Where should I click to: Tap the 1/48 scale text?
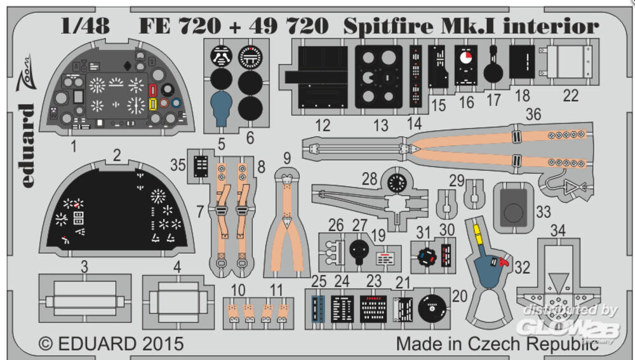tap(85, 26)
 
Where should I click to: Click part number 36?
tap(533, 114)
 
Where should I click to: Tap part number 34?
tap(558, 230)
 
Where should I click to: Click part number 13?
tap(380, 125)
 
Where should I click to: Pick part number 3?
tap(84, 267)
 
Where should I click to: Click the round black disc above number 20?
tap(432, 309)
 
